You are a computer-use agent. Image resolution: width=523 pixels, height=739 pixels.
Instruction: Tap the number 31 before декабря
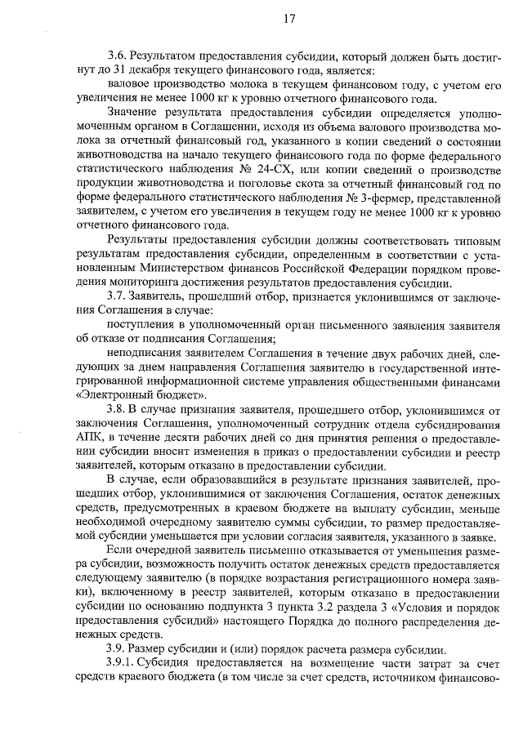pos(122,69)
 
